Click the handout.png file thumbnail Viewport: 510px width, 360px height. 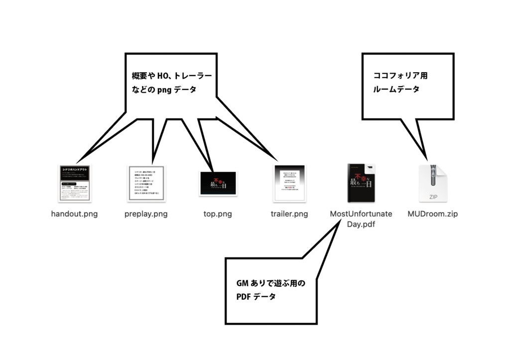74,183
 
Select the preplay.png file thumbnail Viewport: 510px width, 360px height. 146,183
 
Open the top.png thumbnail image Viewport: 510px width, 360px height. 218,183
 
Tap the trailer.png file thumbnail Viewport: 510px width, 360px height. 289,183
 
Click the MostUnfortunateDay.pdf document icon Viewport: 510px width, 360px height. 361,183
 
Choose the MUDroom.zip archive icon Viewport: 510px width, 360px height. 432,183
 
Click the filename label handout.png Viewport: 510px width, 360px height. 74,214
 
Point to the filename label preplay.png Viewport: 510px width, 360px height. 146,214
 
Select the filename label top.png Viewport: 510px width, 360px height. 218,214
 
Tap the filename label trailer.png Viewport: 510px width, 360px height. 289,214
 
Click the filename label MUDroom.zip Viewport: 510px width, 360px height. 432,214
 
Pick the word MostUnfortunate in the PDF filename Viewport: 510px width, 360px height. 361,214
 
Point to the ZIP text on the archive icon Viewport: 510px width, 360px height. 432,197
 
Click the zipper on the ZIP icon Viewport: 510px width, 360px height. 432,176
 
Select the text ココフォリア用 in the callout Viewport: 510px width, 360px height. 400,76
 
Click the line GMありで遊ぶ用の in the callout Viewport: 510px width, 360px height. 270,283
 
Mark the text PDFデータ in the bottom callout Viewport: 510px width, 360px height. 256,297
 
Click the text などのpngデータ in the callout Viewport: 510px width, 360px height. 160,90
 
